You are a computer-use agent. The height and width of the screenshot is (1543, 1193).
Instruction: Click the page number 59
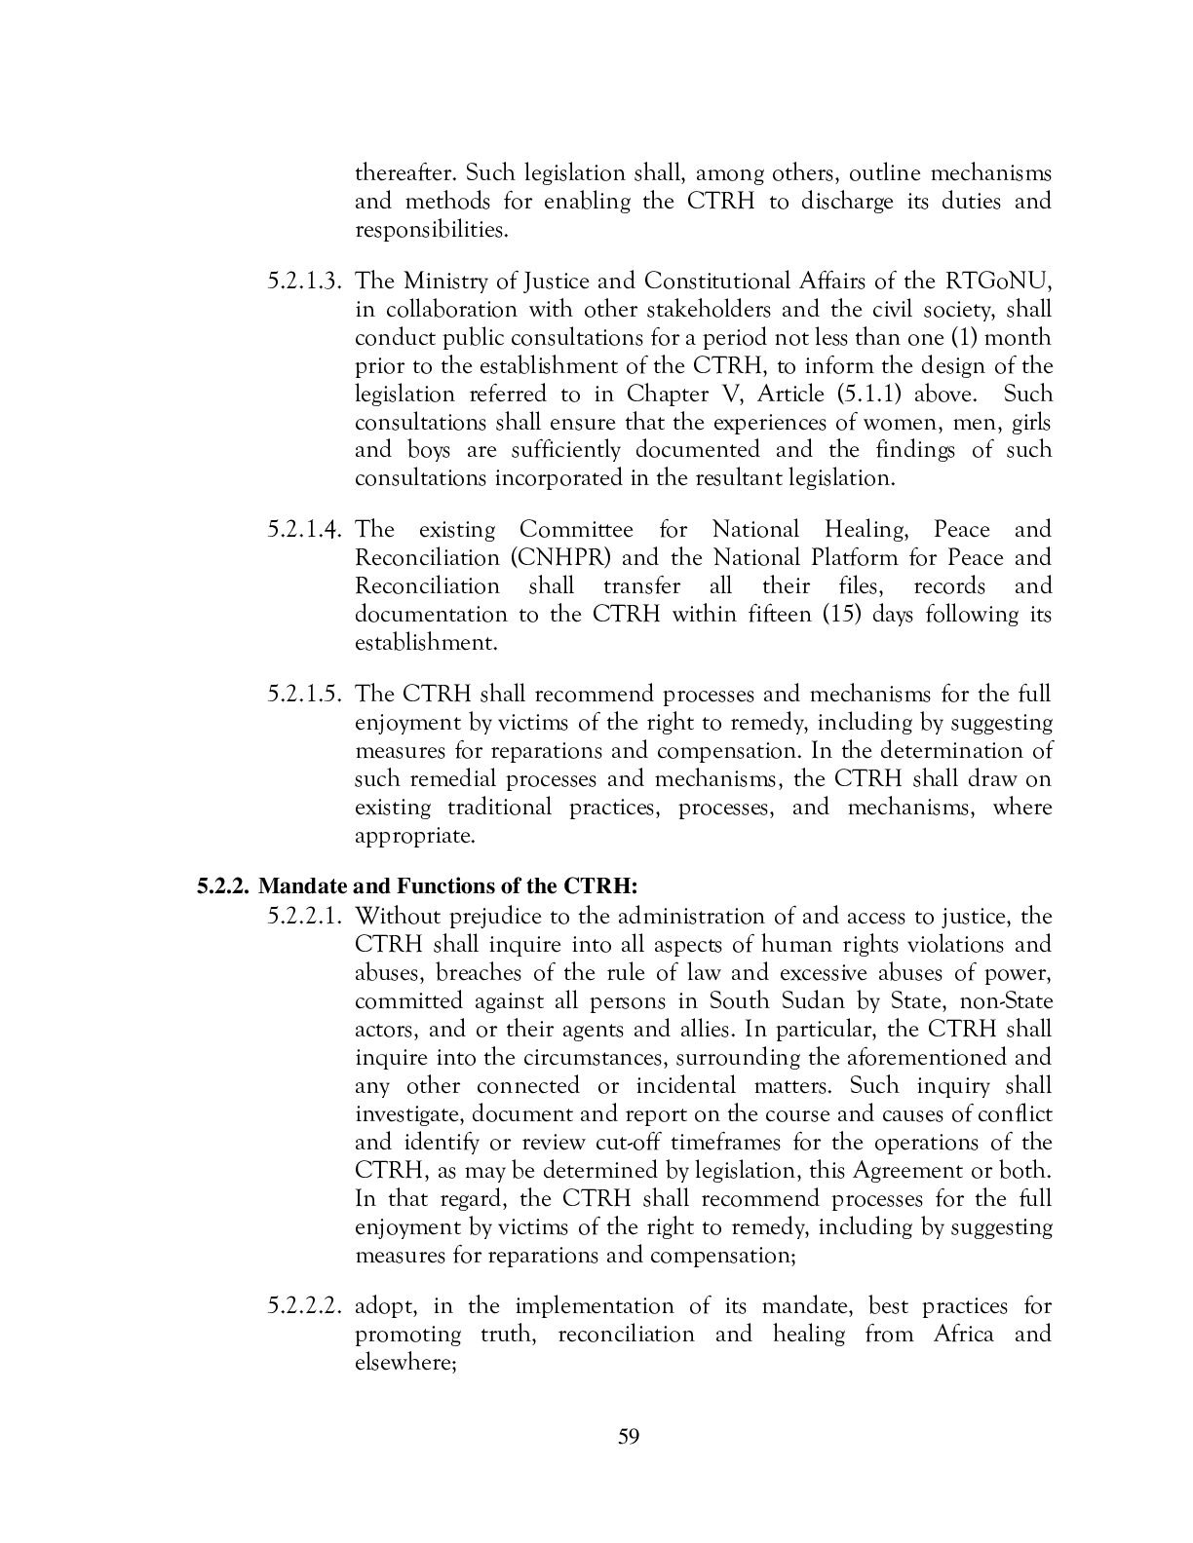point(628,1437)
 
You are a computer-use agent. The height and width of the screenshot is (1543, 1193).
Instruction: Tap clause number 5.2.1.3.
point(306,282)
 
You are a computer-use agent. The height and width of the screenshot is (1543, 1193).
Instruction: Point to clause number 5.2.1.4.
point(306,531)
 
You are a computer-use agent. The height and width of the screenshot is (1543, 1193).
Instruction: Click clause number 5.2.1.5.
point(306,696)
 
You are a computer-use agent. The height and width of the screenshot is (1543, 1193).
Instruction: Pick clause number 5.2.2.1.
point(306,917)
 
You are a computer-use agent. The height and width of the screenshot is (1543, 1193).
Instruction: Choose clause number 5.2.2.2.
point(306,1306)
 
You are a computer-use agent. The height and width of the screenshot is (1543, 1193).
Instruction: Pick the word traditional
point(499,809)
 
